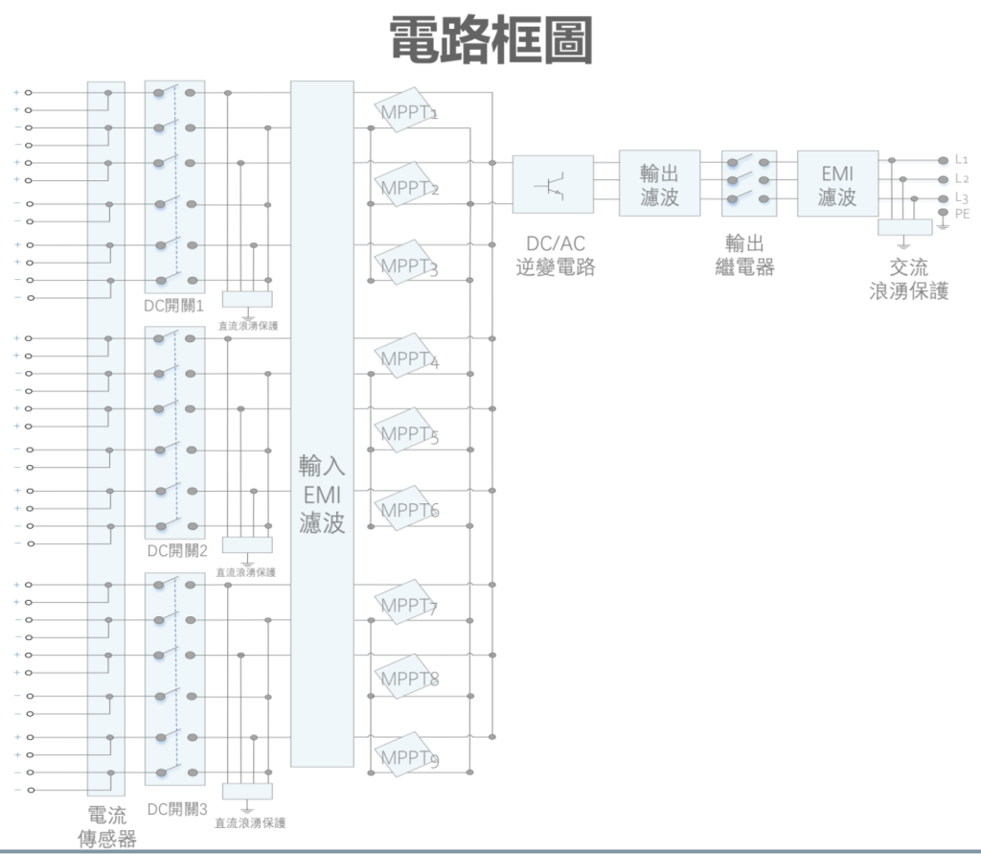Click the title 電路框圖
pyautogui.click(x=491, y=40)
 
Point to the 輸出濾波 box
pyautogui.click(x=659, y=183)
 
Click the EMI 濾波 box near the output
pyautogui.click(x=837, y=183)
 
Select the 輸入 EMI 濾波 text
pyautogui.click(x=322, y=495)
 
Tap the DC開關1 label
pyautogui.click(x=174, y=306)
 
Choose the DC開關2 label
pyautogui.click(x=177, y=551)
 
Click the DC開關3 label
pyautogui.click(x=177, y=810)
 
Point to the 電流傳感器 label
pyautogui.click(x=107, y=827)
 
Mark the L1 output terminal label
pyautogui.click(x=962, y=160)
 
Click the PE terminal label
pyautogui.click(x=962, y=214)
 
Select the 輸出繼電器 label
pyautogui.click(x=744, y=256)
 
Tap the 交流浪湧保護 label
pyautogui.click(x=909, y=279)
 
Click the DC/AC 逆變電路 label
pyautogui.click(x=556, y=256)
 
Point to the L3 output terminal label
pyautogui.click(x=962, y=198)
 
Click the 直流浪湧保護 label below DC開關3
pyautogui.click(x=250, y=823)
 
